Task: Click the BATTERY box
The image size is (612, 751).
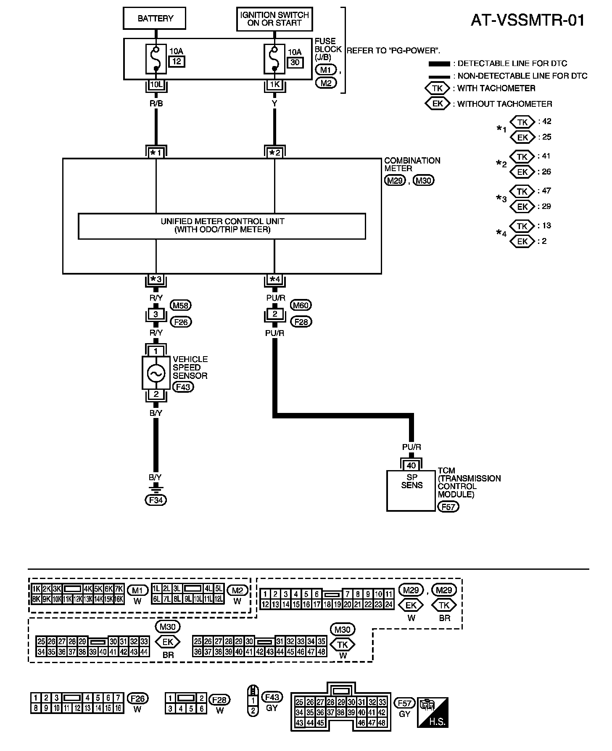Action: (x=154, y=19)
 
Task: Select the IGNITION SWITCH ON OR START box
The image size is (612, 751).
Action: (x=274, y=19)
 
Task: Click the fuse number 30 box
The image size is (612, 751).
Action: (x=295, y=62)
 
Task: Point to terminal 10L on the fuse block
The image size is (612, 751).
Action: (x=156, y=85)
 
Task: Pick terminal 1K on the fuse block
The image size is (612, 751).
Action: (x=274, y=85)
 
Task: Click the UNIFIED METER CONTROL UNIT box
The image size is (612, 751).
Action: (x=222, y=226)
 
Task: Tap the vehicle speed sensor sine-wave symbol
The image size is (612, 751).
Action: (x=156, y=373)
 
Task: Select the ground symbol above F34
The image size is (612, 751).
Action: (x=156, y=489)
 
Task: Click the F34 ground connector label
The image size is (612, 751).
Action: (x=156, y=500)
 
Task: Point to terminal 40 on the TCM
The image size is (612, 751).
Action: (x=411, y=465)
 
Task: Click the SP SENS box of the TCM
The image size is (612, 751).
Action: (x=411, y=490)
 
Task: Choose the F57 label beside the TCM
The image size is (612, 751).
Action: (x=448, y=507)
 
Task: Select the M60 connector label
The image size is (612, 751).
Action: (x=301, y=306)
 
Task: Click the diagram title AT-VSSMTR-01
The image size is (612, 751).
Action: (x=528, y=20)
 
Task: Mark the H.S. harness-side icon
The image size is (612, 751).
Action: (x=433, y=712)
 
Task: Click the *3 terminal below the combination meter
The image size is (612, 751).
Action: (x=156, y=279)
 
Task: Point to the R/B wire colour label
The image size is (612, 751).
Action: (x=156, y=102)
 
